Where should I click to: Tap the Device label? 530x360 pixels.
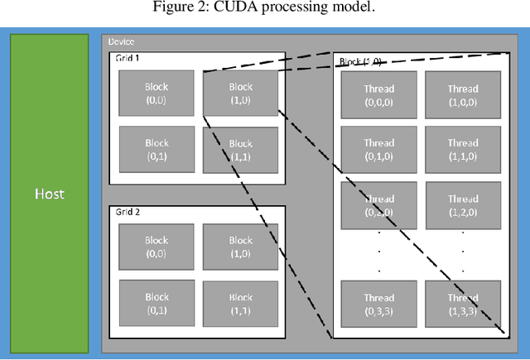coord(121,42)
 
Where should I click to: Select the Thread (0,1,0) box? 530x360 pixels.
coord(379,149)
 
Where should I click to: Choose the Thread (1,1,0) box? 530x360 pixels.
coord(463,149)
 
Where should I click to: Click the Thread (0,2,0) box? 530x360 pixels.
coord(379,204)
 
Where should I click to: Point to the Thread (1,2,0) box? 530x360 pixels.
coord(463,204)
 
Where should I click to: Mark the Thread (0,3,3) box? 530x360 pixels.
coord(379,304)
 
